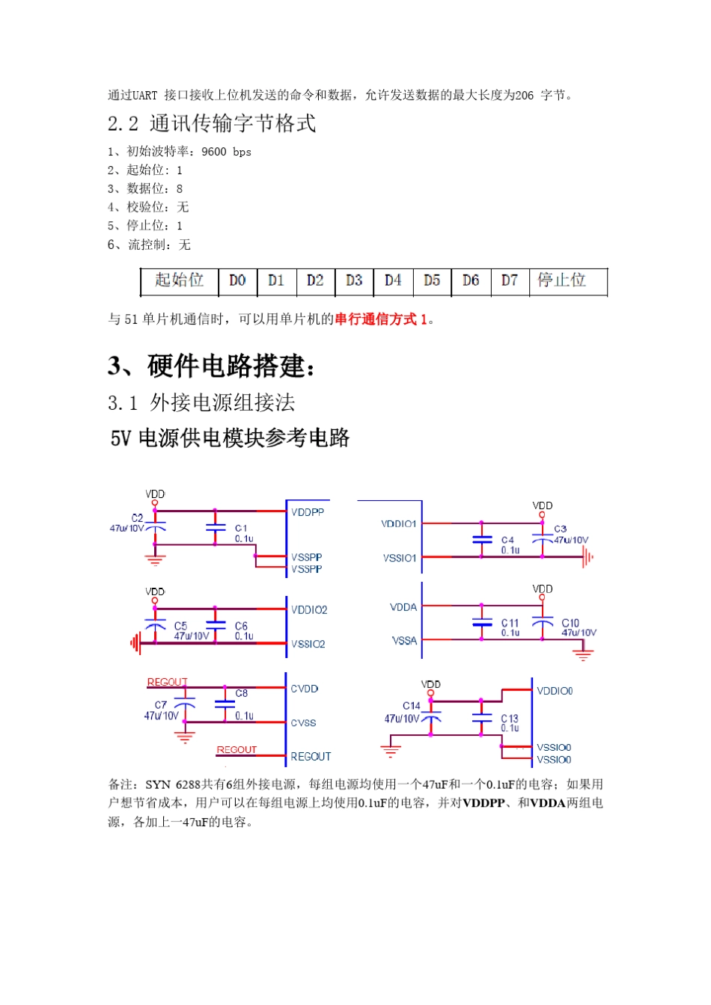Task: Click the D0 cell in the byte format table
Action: pos(237,280)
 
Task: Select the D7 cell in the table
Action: pos(510,280)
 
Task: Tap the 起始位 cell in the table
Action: pos(180,280)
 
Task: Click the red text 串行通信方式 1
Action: pos(381,319)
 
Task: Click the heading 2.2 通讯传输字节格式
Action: pos(212,123)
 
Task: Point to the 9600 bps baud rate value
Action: pos(226,152)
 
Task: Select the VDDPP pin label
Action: pos(308,512)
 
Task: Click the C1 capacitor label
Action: pos(241,528)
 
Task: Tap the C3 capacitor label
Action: pos(561,529)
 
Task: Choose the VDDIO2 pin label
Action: pos(309,610)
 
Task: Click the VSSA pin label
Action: pos(404,641)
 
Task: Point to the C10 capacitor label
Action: pos(570,622)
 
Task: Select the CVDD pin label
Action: pos(305,689)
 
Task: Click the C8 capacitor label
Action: pos(241,693)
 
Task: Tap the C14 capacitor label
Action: pos(412,705)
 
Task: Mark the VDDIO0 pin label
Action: pos(555,691)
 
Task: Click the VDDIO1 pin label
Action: pos(399,524)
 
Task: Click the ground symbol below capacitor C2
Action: pos(155,559)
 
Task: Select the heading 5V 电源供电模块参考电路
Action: pos(230,438)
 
